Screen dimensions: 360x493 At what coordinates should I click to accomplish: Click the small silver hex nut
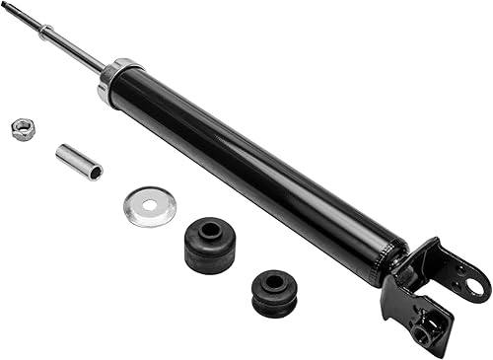(22, 128)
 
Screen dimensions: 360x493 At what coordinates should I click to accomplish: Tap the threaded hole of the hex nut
(21, 127)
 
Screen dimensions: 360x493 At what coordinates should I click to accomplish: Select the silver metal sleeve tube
(79, 162)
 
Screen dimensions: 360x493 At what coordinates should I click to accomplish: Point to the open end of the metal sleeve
(95, 172)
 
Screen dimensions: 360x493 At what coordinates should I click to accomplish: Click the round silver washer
(150, 206)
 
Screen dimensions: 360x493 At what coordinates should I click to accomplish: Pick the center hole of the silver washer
(151, 206)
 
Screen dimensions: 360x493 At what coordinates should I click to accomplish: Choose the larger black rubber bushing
(209, 245)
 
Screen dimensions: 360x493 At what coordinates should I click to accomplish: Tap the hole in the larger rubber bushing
(210, 230)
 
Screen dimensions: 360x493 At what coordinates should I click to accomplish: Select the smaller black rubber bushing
(274, 293)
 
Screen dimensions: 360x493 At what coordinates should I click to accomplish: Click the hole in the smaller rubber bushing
(275, 282)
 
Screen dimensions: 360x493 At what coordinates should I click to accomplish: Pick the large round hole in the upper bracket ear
(476, 287)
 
